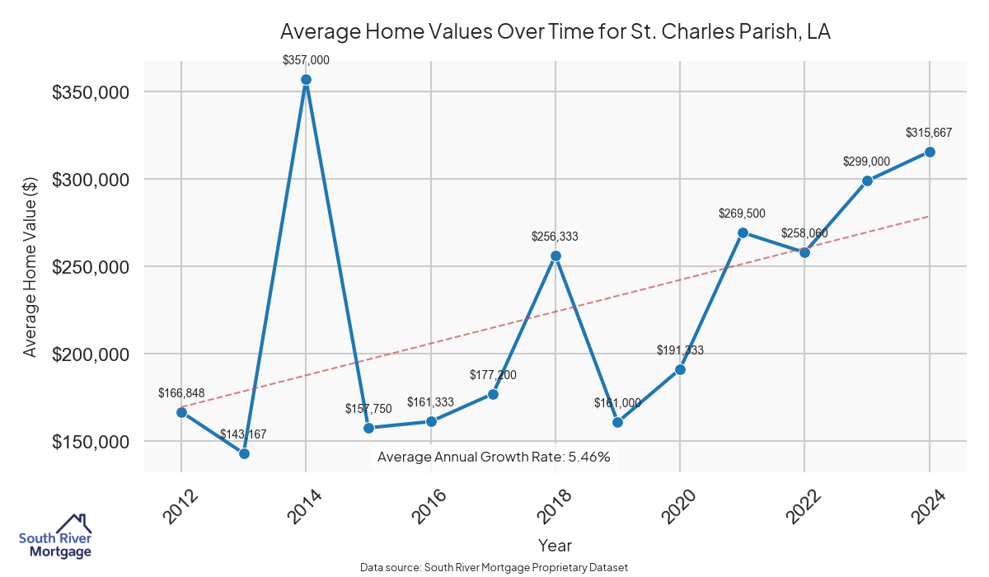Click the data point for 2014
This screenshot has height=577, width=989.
[x=306, y=80]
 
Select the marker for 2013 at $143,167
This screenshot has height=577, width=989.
[x=244, y=453]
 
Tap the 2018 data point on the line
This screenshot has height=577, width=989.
[x=555, y=256]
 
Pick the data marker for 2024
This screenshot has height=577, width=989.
[x=930, y=152]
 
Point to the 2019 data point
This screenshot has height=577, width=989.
[x=617, y=422]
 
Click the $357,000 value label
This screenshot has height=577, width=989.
[x=306, y=60]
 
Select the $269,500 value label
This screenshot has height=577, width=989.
[x=743, y=213]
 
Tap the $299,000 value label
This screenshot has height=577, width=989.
[x=867, y=162]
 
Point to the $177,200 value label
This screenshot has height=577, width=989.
[x=493, y=375]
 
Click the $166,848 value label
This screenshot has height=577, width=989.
[x=181, y=392]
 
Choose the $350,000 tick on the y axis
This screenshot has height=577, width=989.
[x=91, y=92]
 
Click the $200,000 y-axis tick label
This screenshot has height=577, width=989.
[x=91, y=354]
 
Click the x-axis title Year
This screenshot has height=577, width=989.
[x=555, y=545]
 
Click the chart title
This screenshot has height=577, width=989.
[x=555, y=32]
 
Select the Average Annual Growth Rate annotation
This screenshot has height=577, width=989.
[x=494, y=457]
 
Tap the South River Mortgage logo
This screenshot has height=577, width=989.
[x=55, y=537]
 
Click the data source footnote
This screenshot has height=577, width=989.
[x=494, y=567]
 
